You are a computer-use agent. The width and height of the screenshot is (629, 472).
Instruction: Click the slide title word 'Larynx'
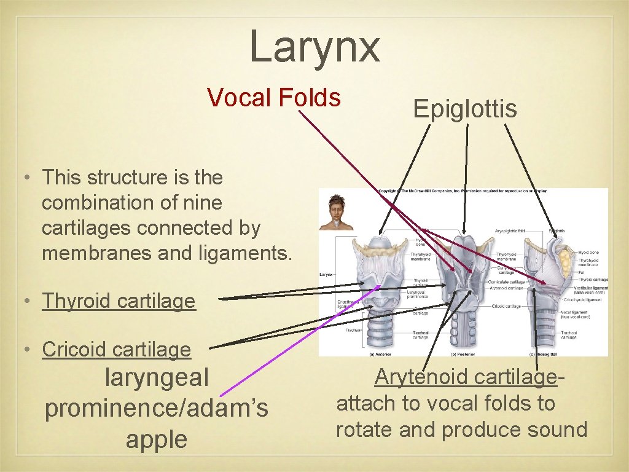314,47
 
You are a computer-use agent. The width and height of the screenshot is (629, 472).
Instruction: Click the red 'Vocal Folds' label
274,97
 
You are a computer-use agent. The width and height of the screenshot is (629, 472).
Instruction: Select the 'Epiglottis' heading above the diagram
465,109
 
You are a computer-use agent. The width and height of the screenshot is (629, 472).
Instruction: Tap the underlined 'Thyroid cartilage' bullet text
119,301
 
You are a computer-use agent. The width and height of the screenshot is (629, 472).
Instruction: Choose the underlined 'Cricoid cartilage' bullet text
117,350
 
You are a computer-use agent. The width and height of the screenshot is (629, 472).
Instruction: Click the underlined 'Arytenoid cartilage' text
466,377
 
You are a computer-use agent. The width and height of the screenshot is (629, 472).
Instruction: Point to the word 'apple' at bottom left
156,440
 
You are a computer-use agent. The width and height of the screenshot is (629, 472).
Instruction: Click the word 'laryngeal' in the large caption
157,377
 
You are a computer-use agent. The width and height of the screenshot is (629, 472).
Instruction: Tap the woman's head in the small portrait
337,205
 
